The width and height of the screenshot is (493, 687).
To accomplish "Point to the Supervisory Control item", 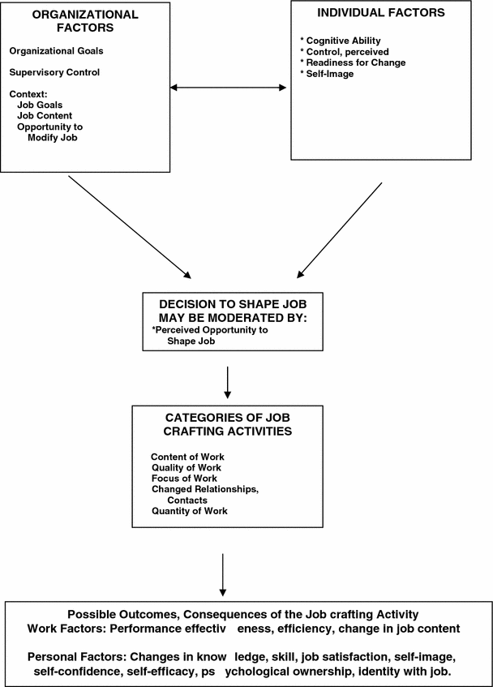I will click(x=54, y=72).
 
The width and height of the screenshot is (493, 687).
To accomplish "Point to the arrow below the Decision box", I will click(x=227, y=382).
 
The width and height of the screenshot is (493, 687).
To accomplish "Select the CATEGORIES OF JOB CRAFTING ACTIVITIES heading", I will click(x=222, y=423).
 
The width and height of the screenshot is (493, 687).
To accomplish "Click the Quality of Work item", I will click(x=186, y=467).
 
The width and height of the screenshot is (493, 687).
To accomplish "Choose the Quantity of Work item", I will click(x=189, y=511).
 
